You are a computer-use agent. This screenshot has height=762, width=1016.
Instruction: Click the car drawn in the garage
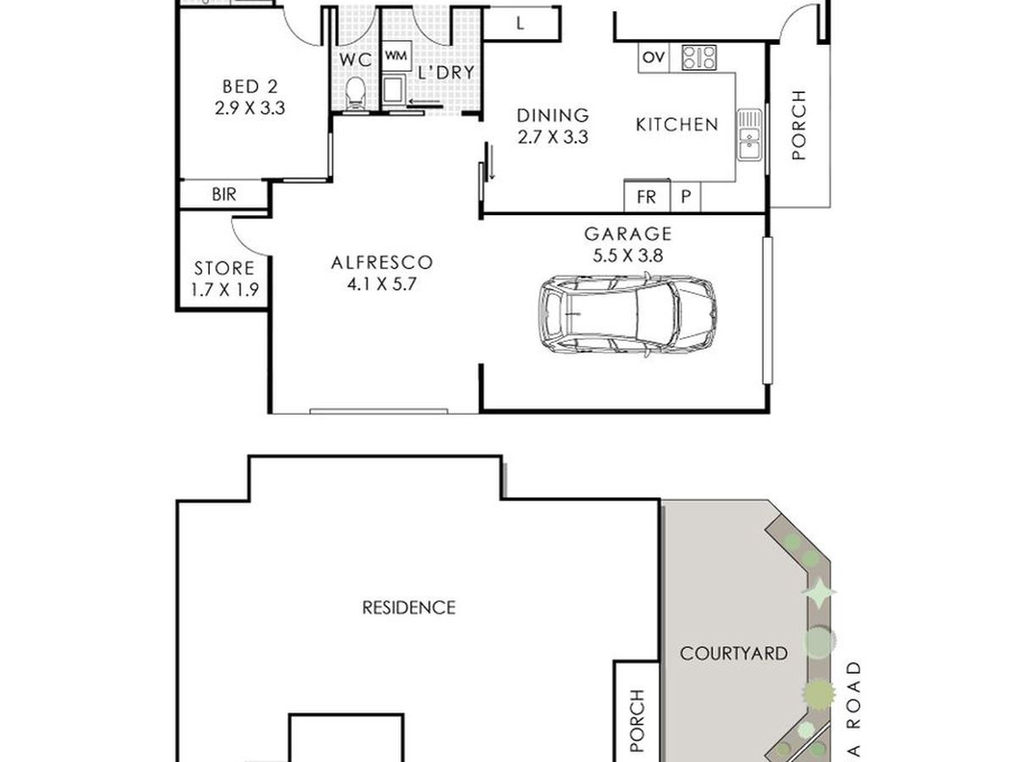[x=627, y=315]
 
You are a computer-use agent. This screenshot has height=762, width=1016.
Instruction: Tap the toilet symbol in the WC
[x=356, y=94]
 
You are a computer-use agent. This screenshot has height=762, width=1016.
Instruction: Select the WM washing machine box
[x=396, y=56]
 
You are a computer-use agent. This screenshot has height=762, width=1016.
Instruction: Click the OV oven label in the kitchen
[x=654, y=58]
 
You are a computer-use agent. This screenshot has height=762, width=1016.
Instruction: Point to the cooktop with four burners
[x=699, y=58]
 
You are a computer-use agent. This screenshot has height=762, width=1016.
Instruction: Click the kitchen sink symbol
[x=749, y=135]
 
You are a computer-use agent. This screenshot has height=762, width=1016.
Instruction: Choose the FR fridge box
[x=647, y=196]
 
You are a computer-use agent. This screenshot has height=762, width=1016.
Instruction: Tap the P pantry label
[x=686, y=196]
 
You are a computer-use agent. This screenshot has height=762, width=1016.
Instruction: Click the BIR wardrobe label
[x=224, y=195]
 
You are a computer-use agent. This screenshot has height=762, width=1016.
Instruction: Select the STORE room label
[x=224, y=268]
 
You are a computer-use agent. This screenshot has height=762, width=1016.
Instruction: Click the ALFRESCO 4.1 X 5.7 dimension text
[x=382, y=284]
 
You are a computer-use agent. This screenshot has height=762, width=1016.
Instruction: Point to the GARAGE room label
[x=627, y=234]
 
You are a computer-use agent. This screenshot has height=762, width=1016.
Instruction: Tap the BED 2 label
[x=250, y=86]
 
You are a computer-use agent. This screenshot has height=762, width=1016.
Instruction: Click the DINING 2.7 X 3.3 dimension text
[x=553, y=137]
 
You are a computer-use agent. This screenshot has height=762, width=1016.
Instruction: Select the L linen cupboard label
[x=520, y=24]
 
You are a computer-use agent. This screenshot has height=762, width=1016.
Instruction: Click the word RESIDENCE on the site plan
[x=409, y=607]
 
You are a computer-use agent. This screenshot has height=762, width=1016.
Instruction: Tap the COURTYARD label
[x=734, y=654]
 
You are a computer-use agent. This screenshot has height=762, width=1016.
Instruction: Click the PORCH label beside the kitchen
[x=798, y=125]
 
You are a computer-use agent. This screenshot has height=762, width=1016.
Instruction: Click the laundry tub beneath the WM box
[x=394, y=89]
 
